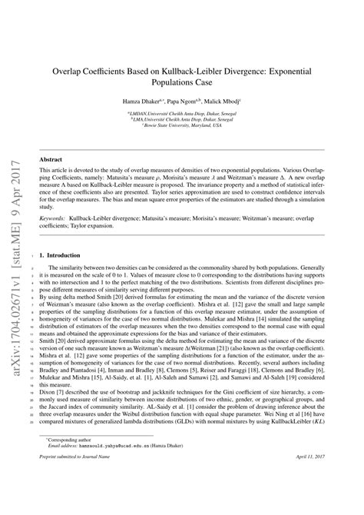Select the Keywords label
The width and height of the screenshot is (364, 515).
[55, 219]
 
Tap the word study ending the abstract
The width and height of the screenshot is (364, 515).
[48, 207]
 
